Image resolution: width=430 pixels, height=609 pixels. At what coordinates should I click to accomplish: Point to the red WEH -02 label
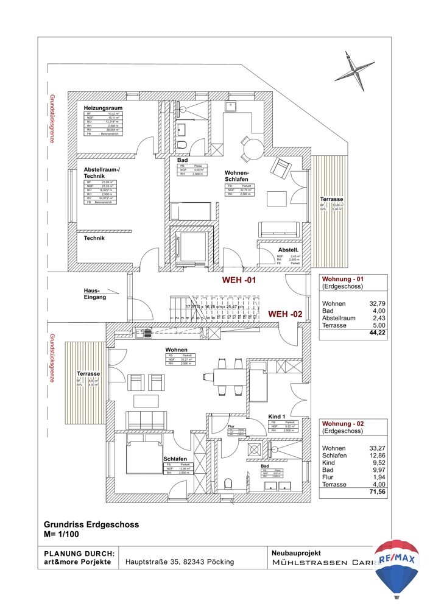click(286, 314)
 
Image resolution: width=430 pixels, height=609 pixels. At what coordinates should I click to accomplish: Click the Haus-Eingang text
click(96, 294)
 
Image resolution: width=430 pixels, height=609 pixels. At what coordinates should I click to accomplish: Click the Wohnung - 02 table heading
click(344, 423)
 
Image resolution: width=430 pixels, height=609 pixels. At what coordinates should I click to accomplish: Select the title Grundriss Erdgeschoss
click(91, 524)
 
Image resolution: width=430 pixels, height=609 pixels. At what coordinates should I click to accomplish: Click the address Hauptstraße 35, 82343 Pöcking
click(180, 562)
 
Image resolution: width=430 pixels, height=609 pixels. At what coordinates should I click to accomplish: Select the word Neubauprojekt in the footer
click(295, 552)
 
